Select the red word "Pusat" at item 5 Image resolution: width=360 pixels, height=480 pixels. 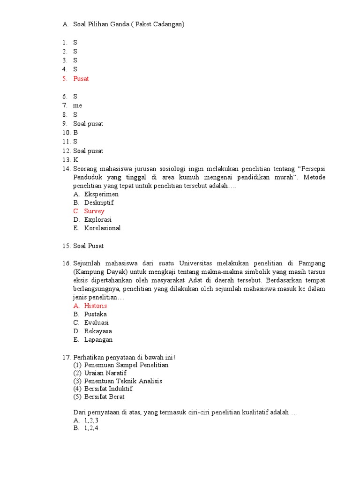tap(81, 79)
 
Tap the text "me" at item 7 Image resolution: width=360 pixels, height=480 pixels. tap(77, 106)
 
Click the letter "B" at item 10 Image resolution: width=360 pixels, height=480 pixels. tap(75, 133)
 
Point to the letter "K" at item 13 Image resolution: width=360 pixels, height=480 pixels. tap(75, 160)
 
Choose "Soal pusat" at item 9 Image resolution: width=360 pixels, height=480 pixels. tap(88, 124)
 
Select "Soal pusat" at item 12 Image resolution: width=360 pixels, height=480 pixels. tap(88, 151)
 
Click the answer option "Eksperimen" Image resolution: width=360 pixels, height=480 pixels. tap(101, 194)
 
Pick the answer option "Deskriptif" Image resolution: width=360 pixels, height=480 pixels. tap(99, 202)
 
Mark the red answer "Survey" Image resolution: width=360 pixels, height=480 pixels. tap(94, 211)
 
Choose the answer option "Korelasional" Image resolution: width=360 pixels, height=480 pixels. tap(102, 228)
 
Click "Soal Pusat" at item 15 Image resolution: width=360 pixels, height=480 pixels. tap(88, 246)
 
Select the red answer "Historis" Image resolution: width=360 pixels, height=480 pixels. tap(96, 306)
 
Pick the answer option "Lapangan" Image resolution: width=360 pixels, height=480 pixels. tap(98, 340)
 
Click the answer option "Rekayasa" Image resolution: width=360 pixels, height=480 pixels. tap(98, 331)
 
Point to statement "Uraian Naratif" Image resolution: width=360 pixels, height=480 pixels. tap(105, 373)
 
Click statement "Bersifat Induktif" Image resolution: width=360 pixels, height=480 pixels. tap(108, 389)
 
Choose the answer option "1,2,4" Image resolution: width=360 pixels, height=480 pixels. tap(91, 428)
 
